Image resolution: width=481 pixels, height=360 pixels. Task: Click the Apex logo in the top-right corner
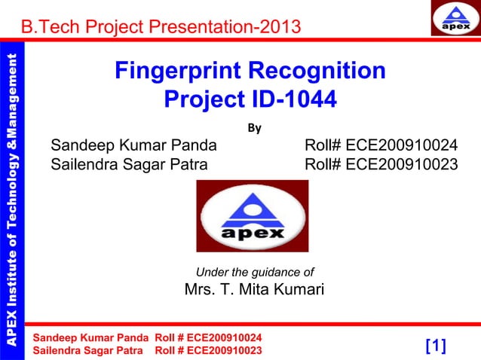pos(455,19)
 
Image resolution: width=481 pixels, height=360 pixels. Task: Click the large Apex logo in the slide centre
pos(252,216)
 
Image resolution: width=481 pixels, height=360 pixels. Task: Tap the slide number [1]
pos(436,346)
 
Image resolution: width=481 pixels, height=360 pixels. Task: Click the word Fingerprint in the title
pos(178,72)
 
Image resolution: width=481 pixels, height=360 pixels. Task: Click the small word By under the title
pos(255,128)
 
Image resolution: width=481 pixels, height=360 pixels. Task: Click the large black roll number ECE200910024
pos(401,145)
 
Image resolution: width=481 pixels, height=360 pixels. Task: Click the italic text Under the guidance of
pos(255,272)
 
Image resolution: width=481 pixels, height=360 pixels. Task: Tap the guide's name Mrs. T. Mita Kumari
pos(254,289)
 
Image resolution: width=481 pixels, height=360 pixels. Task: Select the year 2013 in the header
pos(279,28)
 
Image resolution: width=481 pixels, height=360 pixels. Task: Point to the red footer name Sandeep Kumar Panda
pos(90,337)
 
